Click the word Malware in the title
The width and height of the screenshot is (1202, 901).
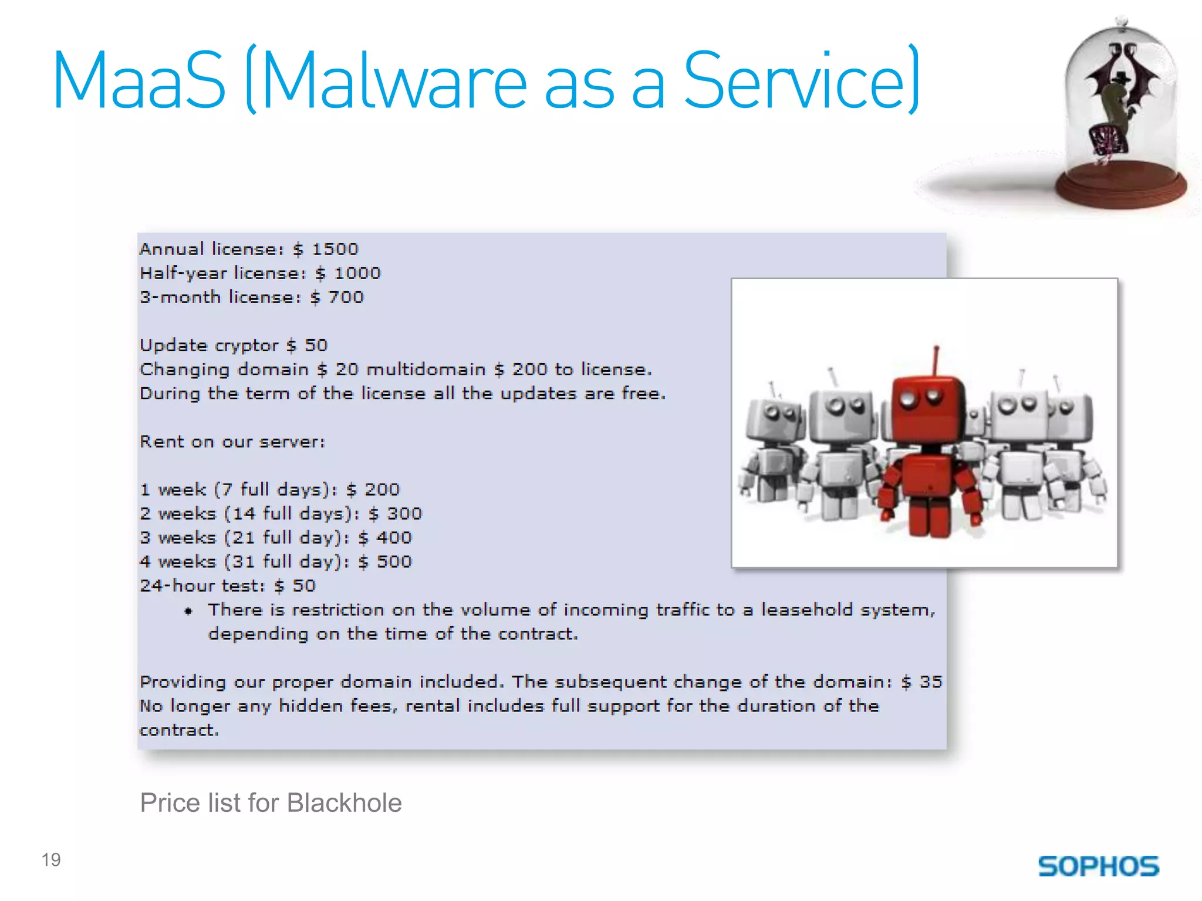(394, 80)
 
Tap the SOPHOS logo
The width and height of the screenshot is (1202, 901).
(1098, 866)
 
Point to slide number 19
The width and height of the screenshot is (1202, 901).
(51, 860)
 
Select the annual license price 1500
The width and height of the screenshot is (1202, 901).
(335, 249)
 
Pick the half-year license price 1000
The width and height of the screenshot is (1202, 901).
(357, 273)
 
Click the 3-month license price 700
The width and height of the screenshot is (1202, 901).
(346, 297)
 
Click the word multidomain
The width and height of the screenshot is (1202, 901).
(426, 370)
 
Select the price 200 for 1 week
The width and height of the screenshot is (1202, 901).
(381, 490)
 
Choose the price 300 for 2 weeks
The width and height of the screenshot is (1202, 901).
(404, 514)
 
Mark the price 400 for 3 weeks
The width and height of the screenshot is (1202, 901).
(394, 538)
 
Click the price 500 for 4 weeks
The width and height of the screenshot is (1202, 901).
(394, 562)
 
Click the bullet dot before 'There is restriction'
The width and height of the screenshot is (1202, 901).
(188, 611)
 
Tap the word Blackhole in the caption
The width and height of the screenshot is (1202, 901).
(345, 803)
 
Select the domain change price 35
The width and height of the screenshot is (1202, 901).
(931, 682)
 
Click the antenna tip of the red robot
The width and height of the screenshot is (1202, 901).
(937, 348)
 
